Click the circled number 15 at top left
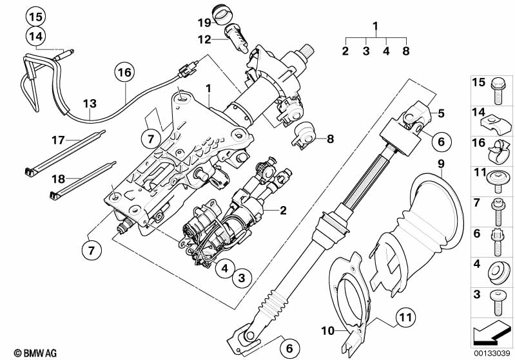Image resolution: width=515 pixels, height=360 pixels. pyautogui.click(x=37, y=16)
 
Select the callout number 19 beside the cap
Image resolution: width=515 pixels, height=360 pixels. pyautogui.click(x=204, y=23)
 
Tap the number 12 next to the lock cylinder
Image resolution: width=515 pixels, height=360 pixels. pyautogui.click(x=204, y=39)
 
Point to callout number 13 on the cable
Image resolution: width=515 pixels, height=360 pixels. pyautogui.click(x=89, y=103)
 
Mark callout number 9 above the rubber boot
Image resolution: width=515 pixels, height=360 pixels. pyautogui.click(x=441, y=164)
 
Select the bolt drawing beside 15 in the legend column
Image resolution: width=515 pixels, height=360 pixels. pyautogui.click(x=500, y=90)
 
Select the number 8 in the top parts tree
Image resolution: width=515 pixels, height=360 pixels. pyautogui.click(x=405, y=50)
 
